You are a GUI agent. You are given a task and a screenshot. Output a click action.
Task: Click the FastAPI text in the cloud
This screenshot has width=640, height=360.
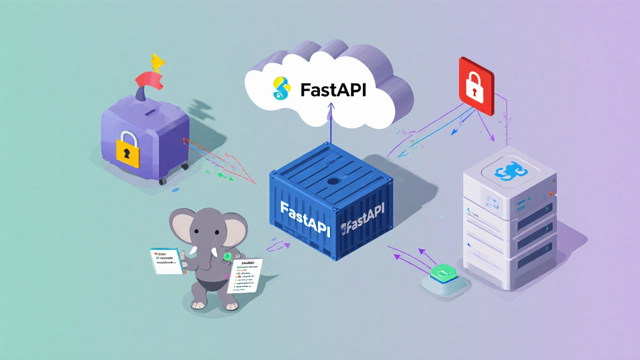point(333,89)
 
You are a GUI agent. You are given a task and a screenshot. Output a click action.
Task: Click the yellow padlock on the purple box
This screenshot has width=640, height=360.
point(128,148)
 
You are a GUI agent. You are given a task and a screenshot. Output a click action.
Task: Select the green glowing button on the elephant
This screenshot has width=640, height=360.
point(228,257)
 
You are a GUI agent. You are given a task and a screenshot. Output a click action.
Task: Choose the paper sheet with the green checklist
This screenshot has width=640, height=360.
point(245,275)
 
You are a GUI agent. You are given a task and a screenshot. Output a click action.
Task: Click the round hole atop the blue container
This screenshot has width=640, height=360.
point(332,182)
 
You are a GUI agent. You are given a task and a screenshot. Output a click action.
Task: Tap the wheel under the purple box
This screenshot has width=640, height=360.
point(162,180)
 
